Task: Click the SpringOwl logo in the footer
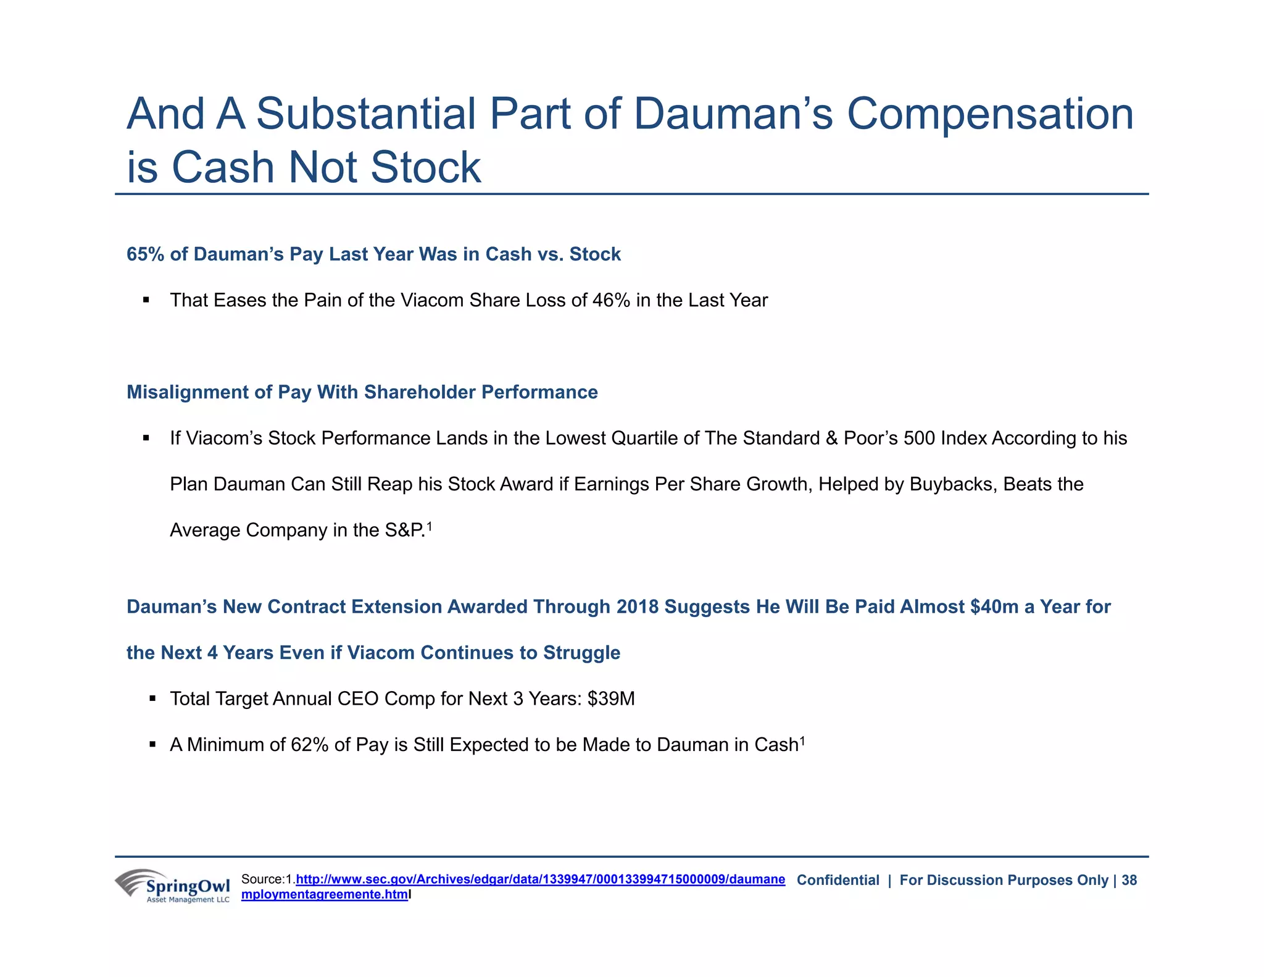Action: click(x=172, y=886)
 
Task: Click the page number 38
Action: click(x=1129, y=880)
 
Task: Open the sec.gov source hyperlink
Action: click(x=540, y=879)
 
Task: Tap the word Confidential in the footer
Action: click(x=838, y=880)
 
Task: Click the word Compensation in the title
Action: click(x=990, y=114)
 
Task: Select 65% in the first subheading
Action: click(x=145, y=254)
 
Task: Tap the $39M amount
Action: click(x=611, y=698)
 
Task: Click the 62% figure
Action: click(x=309, y=745)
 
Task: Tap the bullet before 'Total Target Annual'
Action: click(x=152, y=699)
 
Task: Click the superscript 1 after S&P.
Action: click(x=430, y=526)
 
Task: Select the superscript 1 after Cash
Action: click(x=802, y=741)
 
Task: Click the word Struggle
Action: click(x=581, y=653)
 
